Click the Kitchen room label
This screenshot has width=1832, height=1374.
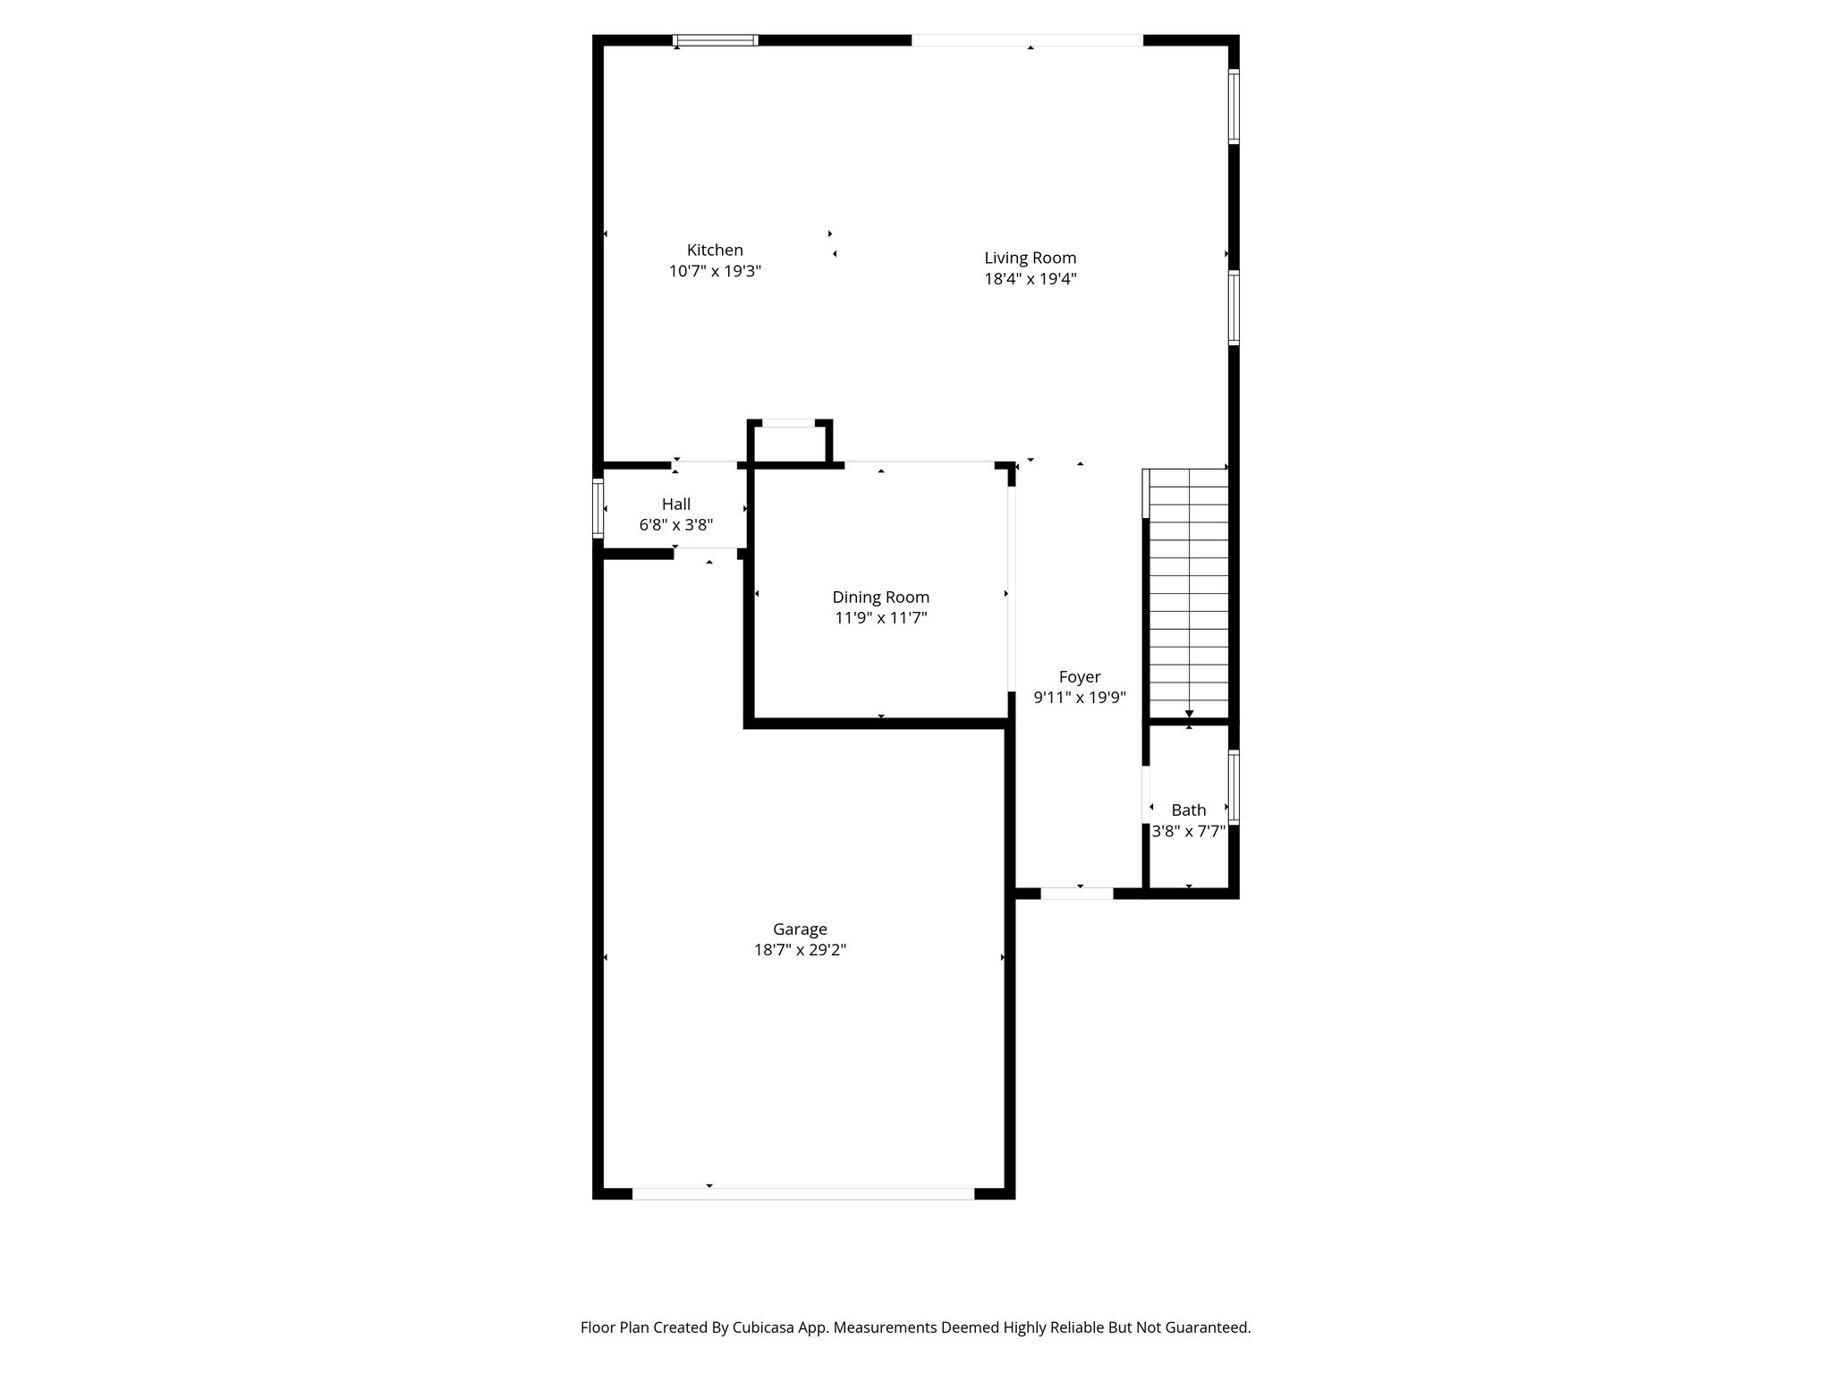pos(715,250)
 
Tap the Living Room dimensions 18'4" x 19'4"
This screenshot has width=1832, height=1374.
pos(1030,279)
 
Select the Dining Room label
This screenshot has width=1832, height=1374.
pos(880,598)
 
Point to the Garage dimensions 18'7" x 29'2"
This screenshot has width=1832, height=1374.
pos(800,950)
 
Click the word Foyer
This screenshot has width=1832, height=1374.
pos(1079,677)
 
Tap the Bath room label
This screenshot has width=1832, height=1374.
pos(1188,810)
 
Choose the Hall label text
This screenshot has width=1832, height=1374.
pos(675,505)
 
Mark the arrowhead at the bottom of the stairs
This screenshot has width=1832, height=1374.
pos(1189,714)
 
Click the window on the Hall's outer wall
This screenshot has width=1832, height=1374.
pos(598,509)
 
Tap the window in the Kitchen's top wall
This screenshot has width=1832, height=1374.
pos(715,40)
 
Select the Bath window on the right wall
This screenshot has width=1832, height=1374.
pos(1234,786)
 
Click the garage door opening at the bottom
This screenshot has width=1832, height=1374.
pos(802,1193)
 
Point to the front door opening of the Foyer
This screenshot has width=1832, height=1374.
pos(1076,893)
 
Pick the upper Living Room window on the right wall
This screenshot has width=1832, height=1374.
pos(1234,106)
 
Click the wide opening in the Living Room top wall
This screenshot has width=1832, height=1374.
pos(1027,40)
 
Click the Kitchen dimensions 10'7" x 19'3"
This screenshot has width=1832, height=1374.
pos(715,271)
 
